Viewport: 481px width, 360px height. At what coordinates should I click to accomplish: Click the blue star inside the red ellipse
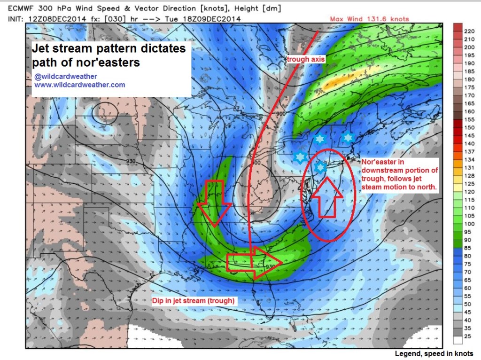click(320, 167)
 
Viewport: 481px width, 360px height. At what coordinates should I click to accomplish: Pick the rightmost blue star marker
click(348, 137)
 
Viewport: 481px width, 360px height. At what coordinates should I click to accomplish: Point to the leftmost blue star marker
click(299, 157)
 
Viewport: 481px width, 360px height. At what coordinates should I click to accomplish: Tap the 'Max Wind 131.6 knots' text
click(369, 19)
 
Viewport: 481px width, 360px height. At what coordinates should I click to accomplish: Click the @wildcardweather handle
click(66, 77)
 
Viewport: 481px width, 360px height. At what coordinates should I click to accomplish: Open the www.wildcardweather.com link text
click(79, 85)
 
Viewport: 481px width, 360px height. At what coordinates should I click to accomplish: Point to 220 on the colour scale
click(468, 31)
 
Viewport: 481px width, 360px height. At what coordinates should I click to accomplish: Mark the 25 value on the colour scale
click(467, 337)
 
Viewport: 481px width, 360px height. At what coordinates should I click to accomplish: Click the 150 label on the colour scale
click(468, 127)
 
